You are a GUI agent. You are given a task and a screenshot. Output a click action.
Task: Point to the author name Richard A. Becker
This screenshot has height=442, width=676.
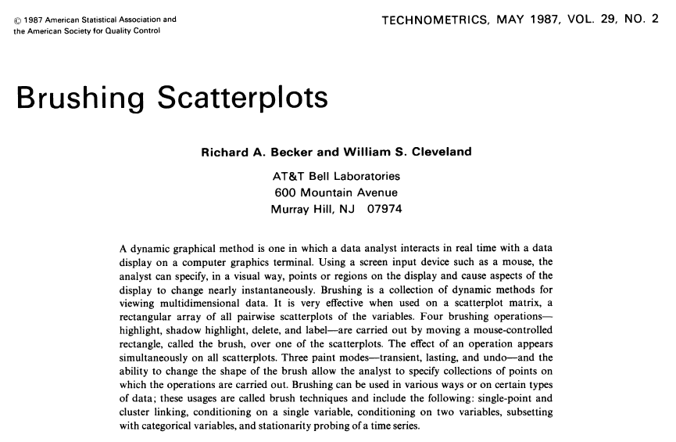pos(254,152)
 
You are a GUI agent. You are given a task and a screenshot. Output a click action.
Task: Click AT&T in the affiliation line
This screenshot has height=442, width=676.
pos(288,177)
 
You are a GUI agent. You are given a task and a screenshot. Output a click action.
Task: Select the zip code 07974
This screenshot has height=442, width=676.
pos(381,209)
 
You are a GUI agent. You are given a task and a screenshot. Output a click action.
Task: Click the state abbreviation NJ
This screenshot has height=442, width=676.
pos(346,209)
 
